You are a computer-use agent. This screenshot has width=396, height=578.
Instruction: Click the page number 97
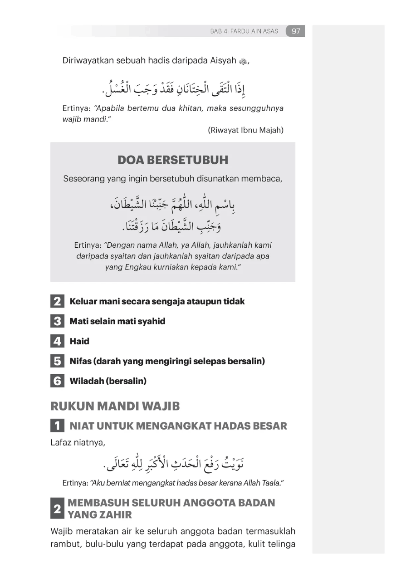click(296, 31)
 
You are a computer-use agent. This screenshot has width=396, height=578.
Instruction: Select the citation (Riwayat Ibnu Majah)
click(245, 130)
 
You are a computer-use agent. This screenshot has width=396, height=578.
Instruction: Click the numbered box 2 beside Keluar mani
click(57, 301)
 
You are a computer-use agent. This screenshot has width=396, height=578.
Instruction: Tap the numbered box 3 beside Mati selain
click(57, 321)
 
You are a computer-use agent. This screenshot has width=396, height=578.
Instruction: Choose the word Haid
click(79, 341)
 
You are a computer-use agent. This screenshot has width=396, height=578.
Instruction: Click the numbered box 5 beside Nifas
click(57, 361)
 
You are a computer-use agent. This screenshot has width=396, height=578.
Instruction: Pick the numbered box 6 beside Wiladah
click(57, 381)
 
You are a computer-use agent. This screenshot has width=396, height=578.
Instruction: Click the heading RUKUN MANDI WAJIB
click(115, 406)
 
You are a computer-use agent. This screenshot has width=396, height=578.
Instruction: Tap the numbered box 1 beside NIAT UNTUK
click(57, 426)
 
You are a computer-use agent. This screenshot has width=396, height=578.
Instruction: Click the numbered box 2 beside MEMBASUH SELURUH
click(57, 509)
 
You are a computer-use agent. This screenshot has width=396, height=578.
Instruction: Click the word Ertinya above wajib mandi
click(76, 109)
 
